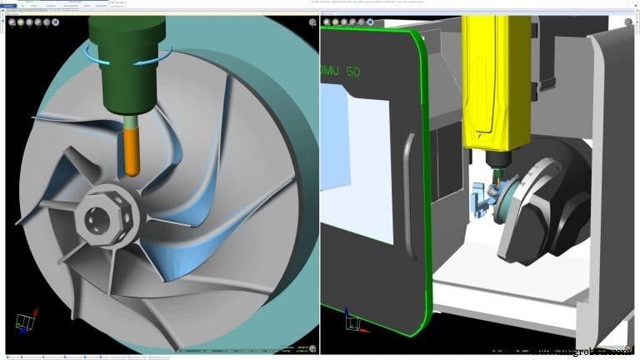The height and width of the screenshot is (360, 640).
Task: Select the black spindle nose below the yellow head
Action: pyautogui.click(x=495, y=158)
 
